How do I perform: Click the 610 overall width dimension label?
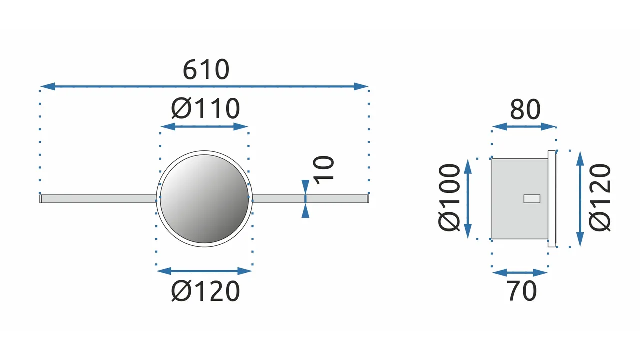[x=206, y=69]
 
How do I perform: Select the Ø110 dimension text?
[x=205, y=108]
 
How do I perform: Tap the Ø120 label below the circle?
[x=205, y=291]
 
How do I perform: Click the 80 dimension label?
[x=525, y=109]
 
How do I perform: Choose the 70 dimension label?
[x=521, y=291]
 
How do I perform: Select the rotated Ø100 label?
[x=449, y=197]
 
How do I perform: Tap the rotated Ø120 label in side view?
[x=600, y=197]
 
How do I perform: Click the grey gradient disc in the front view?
[x=204, y=199]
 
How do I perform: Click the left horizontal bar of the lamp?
[x=98, y=199]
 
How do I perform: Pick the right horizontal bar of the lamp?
[x=311, y=199]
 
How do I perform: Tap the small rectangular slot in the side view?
[x=532, y=199]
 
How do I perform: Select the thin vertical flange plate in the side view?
[x=552, y=199]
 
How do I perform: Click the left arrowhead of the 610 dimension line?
[x=47, y=86]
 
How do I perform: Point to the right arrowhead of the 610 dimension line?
[x=361, y=86]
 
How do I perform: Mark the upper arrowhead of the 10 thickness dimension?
[x=305, y=187]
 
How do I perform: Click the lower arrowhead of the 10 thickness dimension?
[x=305, y=211]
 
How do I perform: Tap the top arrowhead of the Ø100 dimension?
[x=468, y=167]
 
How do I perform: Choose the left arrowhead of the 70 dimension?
[x=500, y=273]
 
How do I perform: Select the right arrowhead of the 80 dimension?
[x=548, y=127]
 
